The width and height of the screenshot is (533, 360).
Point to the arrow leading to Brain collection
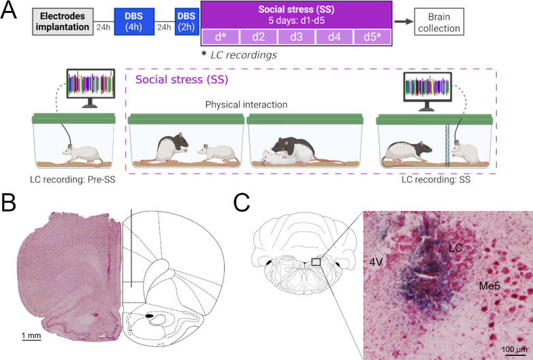click(404, 22)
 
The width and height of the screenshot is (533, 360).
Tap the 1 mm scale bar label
click(31, 336)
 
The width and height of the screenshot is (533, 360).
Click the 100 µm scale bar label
click(513, 349)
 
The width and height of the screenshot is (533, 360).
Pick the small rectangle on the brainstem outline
click(315, 261)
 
